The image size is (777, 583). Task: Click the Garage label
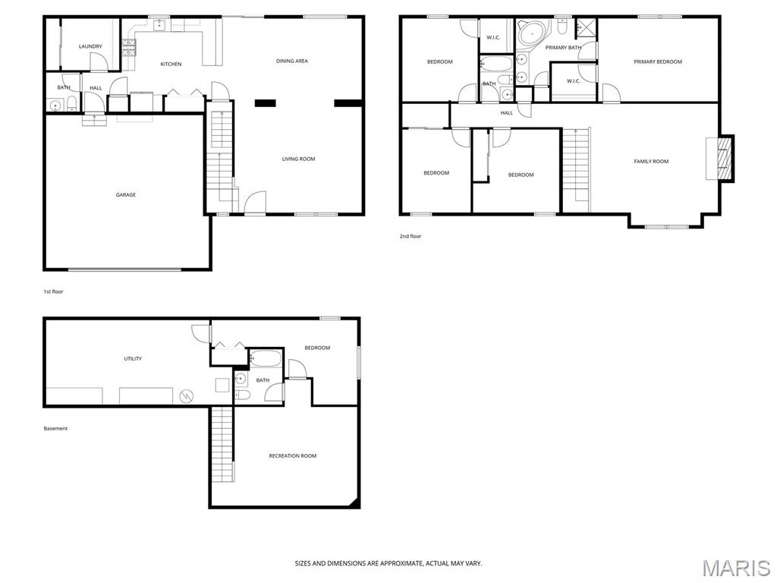coord(126,195)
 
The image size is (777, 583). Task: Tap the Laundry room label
coord(90,46)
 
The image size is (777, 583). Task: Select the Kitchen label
coord(171,64)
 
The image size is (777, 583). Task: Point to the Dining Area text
coord(292,61)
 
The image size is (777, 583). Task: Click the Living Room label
coord(298,159)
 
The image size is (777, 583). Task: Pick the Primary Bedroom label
coord(658,62)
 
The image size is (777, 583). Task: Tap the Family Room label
coord(651,162)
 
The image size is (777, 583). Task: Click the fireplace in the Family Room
coord(725,158)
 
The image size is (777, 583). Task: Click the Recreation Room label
coord(292,456)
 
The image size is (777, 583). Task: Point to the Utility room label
coord(133,359)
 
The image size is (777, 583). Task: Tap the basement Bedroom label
coord(317,348)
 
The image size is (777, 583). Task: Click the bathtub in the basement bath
coord(266,358)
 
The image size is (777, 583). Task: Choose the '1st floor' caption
coord(54,291)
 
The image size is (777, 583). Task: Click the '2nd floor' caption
coord(411,237)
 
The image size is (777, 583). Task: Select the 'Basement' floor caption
coord(55,428)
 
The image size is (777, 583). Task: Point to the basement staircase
coord(222,444)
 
